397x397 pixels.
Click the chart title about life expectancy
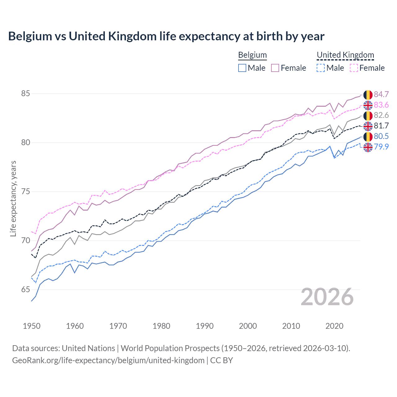166,36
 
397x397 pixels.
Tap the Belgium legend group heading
252,55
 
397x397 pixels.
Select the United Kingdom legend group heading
345,55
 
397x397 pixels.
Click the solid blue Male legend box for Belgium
242,68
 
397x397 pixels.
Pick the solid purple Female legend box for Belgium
275,68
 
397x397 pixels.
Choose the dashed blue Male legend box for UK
321,68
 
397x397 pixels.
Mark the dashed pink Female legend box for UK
354,68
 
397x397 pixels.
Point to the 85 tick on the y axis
25,93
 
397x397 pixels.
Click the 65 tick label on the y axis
25,290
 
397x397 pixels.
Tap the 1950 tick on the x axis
32,326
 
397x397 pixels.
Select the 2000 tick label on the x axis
248,326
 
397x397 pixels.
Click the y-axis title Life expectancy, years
13,198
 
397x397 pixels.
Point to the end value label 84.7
381,94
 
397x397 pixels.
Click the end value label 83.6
381,105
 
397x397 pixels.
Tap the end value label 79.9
381,147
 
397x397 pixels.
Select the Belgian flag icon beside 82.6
368,116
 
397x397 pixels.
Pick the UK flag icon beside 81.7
368,126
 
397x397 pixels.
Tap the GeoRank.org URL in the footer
108,360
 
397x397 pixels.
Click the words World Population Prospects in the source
170,348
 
